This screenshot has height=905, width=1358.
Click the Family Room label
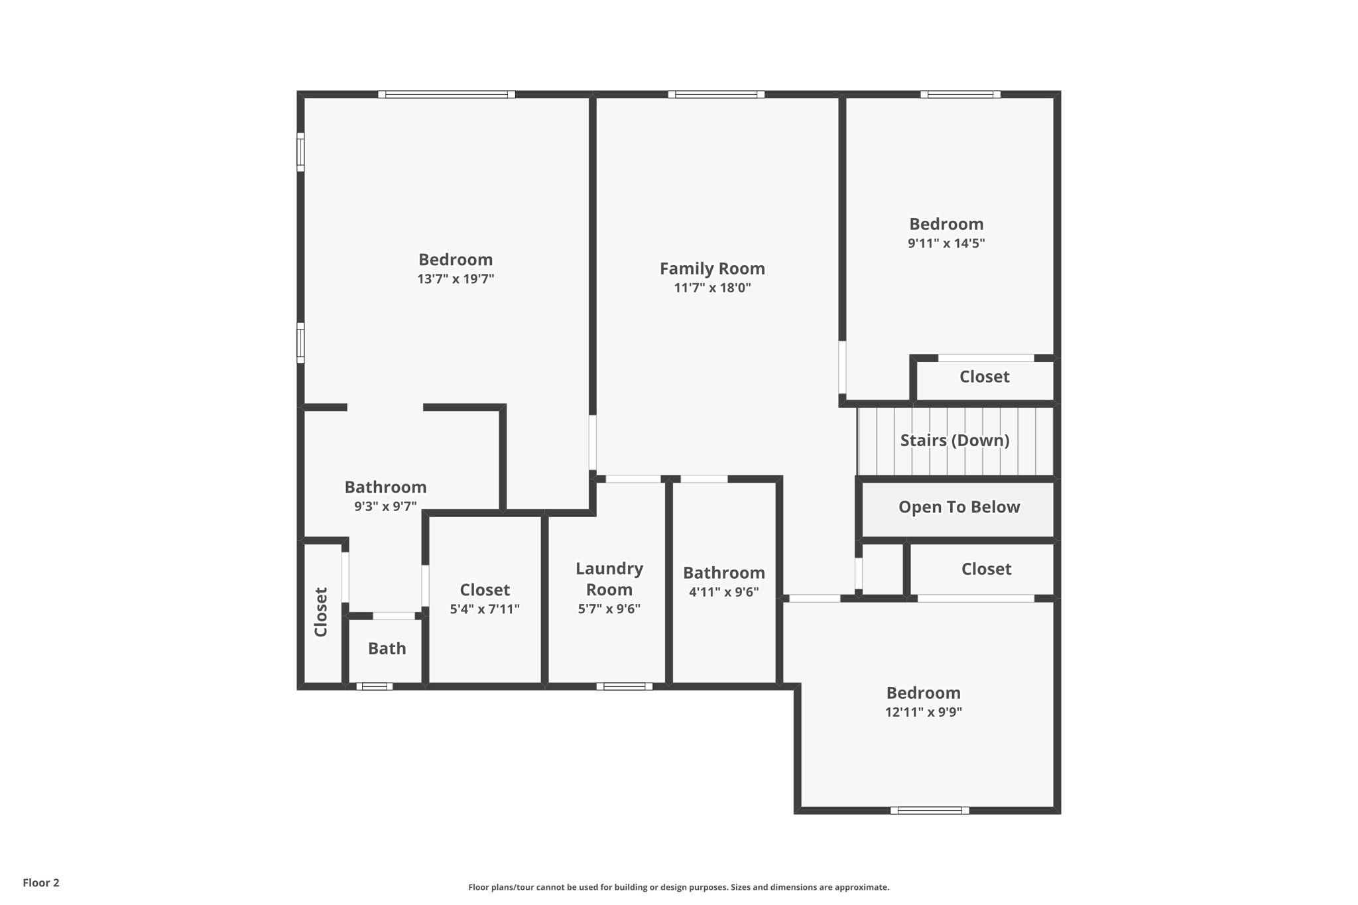[712, 269]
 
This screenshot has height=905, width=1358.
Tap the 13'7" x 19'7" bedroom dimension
[456, 279]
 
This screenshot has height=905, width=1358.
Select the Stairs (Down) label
[954, 440]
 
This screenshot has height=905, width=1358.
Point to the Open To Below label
[959, 507]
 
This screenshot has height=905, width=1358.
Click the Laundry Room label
[609, 579]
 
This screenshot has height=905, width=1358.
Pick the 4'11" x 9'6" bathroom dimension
[723, 592]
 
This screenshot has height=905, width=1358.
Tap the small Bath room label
[387, 648]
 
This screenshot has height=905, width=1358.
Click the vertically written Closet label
[321, 612]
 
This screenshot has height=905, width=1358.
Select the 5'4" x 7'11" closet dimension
[485, 609]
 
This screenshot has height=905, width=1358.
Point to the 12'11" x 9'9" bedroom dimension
[923, 712]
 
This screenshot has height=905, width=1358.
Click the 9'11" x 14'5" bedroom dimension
[946, 243]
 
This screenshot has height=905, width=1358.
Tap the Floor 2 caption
[41, 882]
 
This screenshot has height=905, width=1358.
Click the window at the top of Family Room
[716, 95]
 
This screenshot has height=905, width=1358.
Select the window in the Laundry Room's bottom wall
[624, 686]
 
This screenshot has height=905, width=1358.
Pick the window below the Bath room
[375, 686]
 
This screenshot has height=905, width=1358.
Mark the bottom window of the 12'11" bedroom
[929, 810]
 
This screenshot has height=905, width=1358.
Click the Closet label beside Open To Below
[986, 569]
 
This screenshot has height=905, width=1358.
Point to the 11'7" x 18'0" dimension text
[712, 288]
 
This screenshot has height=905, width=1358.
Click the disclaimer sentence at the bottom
[678, 887]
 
